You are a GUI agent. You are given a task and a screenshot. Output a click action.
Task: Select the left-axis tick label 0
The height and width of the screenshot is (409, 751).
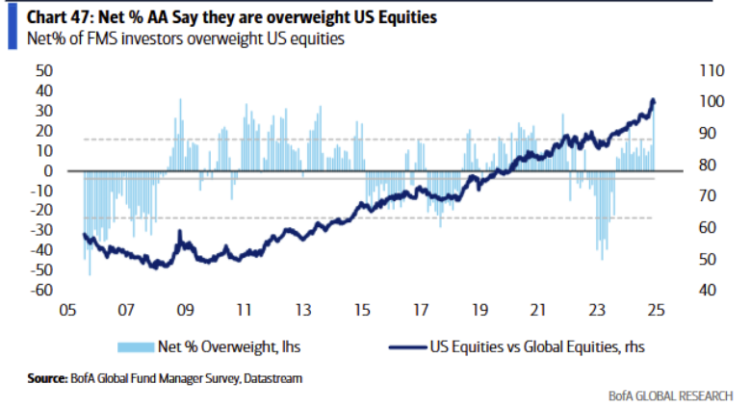(46, 170)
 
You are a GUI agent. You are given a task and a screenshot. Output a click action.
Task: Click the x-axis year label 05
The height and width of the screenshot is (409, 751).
(67, 312)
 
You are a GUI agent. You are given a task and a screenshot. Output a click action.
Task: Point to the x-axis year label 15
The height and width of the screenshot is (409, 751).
(361, 312)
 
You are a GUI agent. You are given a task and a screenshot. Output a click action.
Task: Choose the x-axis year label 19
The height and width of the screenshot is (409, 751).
(479, 312)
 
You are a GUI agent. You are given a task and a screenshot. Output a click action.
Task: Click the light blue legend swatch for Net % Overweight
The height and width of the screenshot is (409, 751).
(133, 345)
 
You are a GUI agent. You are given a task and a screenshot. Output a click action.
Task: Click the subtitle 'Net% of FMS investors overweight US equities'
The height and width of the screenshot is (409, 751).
(173, 38)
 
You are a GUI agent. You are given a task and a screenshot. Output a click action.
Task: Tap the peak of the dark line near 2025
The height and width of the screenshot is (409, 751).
(654, 99)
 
